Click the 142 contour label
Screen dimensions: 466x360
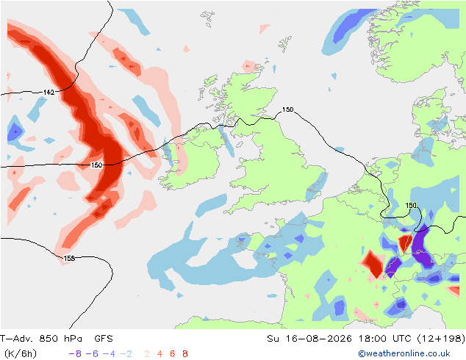(x=49, y=93)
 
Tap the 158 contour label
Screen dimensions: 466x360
(x=69, y=258)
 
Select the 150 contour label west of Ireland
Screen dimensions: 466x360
(x=96, y=165)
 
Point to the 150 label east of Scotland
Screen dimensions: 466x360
(x=287, y=109)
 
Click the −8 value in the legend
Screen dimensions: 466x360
(x=75, y=354)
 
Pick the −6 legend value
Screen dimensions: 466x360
(x=92, y=354)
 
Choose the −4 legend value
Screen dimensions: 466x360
(x=109, y=354)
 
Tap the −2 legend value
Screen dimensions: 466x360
(x=126, y=354)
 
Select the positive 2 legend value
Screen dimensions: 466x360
(x=147, y=354)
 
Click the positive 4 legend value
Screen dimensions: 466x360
(x=159, y=354)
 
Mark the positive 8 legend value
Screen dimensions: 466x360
(x=184, y=354)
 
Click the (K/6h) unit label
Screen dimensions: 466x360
(x=21, y=354)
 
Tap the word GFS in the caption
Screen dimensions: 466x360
(x=104, y=338)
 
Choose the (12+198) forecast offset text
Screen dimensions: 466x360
(x=441, y=338)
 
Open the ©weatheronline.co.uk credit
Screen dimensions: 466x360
(x=404, y=353)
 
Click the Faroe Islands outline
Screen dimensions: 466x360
(x=207, y=18)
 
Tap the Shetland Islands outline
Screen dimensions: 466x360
(x=285, y=44)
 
